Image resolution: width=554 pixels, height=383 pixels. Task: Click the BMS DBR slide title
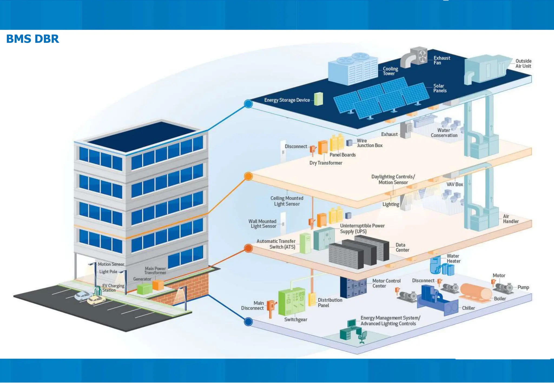pyautogui.click(x=32, y=39)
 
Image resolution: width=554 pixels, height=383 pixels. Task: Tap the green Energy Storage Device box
pyautogui.click(x=318, y=99)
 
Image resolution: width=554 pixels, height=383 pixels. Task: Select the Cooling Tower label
pyautogui.click(x=390, y=71)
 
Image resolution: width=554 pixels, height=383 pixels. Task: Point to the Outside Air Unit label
pyautogui.click(x=523, y=63)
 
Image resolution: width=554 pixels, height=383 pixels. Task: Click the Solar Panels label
pyautogui.click(x=440, y=88)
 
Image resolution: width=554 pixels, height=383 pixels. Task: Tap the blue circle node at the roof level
pyautogui.click(x=248, y=104)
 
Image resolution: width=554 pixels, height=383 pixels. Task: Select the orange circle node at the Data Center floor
pyautogui.click(x=248, y=248)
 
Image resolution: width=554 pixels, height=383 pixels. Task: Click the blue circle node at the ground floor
pyautogui.click(x=248, y=321)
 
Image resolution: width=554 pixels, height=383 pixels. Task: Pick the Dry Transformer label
pyautogui.click(x=326, y=163)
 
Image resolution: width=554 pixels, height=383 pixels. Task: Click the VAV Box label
pyautogui.click(x=454, y=184)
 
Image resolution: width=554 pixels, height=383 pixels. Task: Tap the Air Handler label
pyautogui.click(x=510, y=219)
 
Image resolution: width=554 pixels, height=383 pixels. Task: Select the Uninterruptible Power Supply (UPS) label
pyautogui.click(x=362, y=229)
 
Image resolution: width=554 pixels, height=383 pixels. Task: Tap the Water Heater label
pyautogui.click(x=453, y=258)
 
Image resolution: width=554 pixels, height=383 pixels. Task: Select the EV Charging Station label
pyautogui.click(x=113, y=288)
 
